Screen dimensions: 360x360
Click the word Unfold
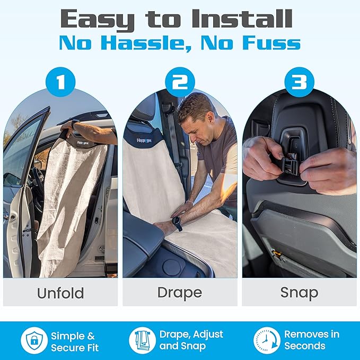(60, 293)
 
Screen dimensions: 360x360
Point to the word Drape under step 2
(180, 293)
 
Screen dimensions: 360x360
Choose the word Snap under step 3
(299, 293)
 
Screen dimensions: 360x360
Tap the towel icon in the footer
(143, 341)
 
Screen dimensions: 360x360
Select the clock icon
(267, 341)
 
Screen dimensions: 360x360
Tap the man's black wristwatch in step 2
(177, 223)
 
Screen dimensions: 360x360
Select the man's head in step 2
(196, 115)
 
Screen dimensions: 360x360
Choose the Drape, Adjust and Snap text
(191, 340)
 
